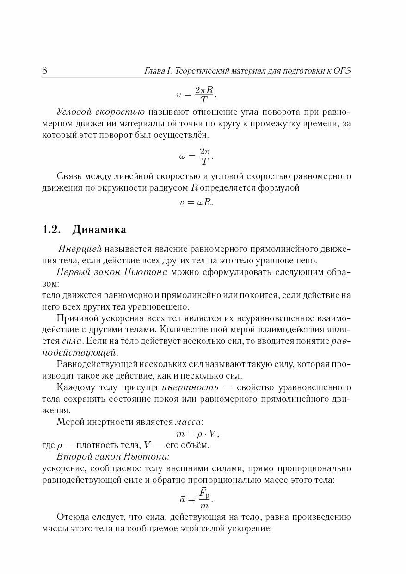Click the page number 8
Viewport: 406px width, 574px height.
click(45, 71)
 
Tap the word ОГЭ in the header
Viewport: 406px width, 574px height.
click(342, 71)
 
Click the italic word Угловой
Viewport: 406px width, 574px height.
click(74, 112)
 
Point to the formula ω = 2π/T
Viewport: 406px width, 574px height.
click(197, 156)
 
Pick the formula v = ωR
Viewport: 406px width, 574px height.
click(197, 202)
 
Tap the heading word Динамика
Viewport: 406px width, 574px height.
click(99, 230)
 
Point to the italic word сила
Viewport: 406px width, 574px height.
click(72, 341)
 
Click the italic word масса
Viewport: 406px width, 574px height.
click(188, 422)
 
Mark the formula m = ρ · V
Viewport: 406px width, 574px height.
click(197, 434)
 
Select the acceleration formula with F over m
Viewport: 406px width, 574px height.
click(197, 499)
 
